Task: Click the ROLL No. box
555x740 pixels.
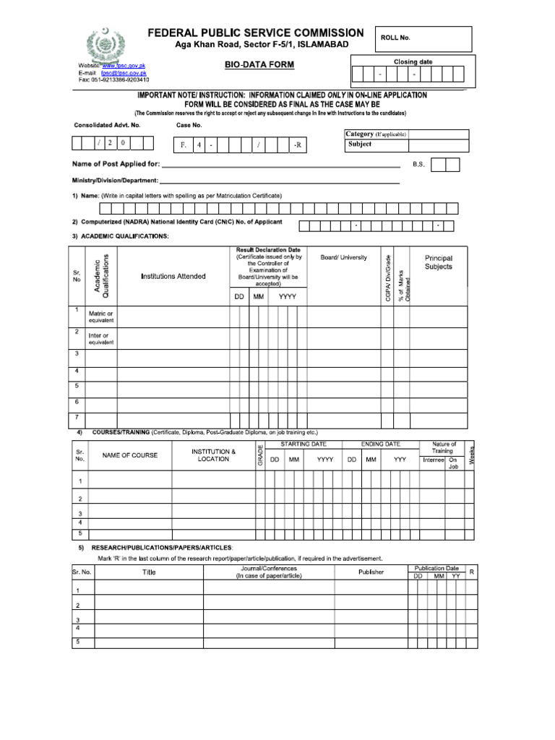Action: [x=422, y=44]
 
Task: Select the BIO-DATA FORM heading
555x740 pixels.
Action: [x=260, y=65]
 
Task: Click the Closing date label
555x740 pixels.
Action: [x=413, y=62]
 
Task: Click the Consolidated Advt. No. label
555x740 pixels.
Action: [x=108, y=125]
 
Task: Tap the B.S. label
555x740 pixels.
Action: [x=419, y=165]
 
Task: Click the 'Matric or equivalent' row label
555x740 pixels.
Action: [x=100, y=317]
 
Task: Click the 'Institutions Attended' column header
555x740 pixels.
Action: [x=173, y=276]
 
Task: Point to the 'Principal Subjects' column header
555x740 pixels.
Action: [x=439, y=262]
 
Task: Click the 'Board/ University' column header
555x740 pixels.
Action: [x=344, y=257]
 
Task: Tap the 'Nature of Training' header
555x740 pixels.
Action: [x=444, y=447]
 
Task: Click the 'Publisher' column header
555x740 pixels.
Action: [x=371, y=572]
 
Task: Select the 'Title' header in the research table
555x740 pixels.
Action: [x=149, y=572]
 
